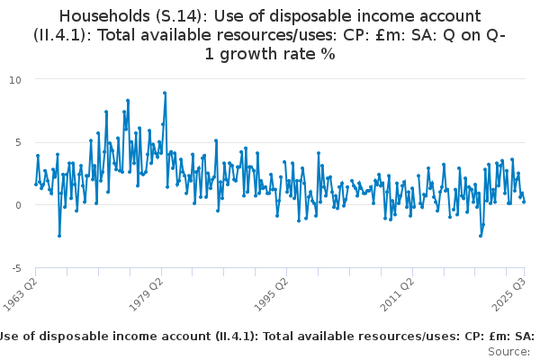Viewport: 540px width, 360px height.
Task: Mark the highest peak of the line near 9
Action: [165, 93]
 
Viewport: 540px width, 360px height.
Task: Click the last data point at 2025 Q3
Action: [524, 202]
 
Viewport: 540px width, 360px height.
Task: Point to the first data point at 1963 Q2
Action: [36, 184]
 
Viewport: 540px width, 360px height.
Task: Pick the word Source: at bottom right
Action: [510, 352]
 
